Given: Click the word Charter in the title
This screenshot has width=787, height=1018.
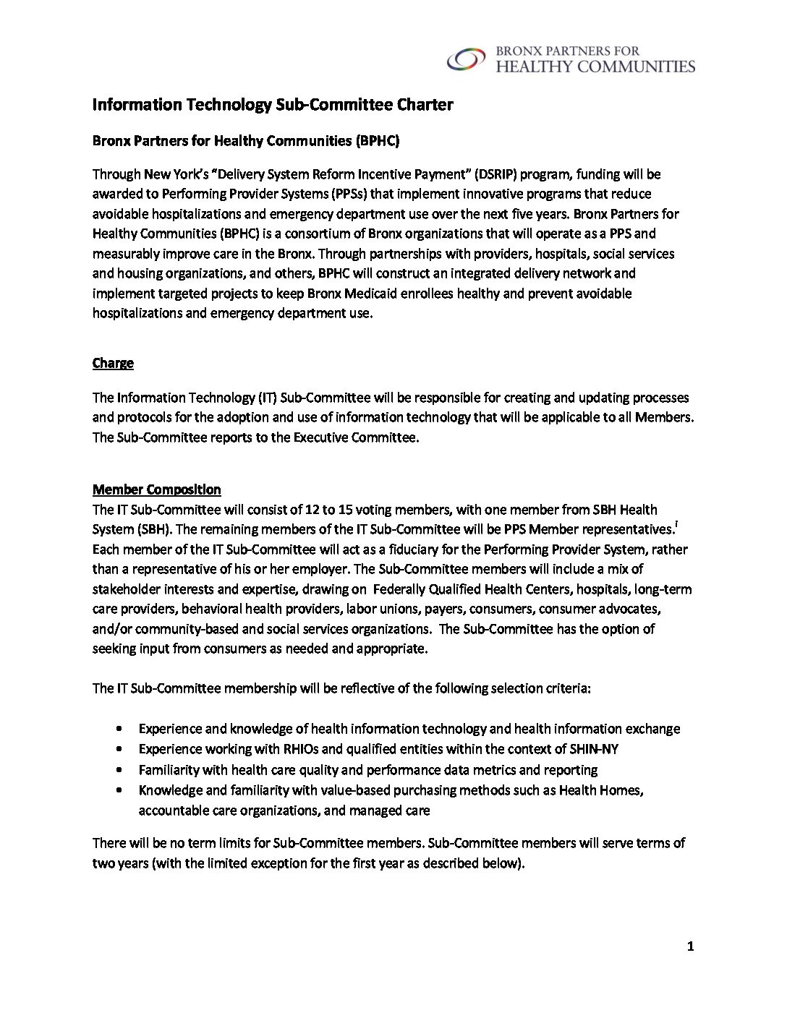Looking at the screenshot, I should [425, 105].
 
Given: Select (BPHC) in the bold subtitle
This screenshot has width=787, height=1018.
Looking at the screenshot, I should [376, 142].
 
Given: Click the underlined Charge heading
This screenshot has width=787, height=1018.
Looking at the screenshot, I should [113, 363].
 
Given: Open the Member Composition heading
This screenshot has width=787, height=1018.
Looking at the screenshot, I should [157, 490].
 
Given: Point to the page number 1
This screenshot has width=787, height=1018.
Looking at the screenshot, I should [691, 948].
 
